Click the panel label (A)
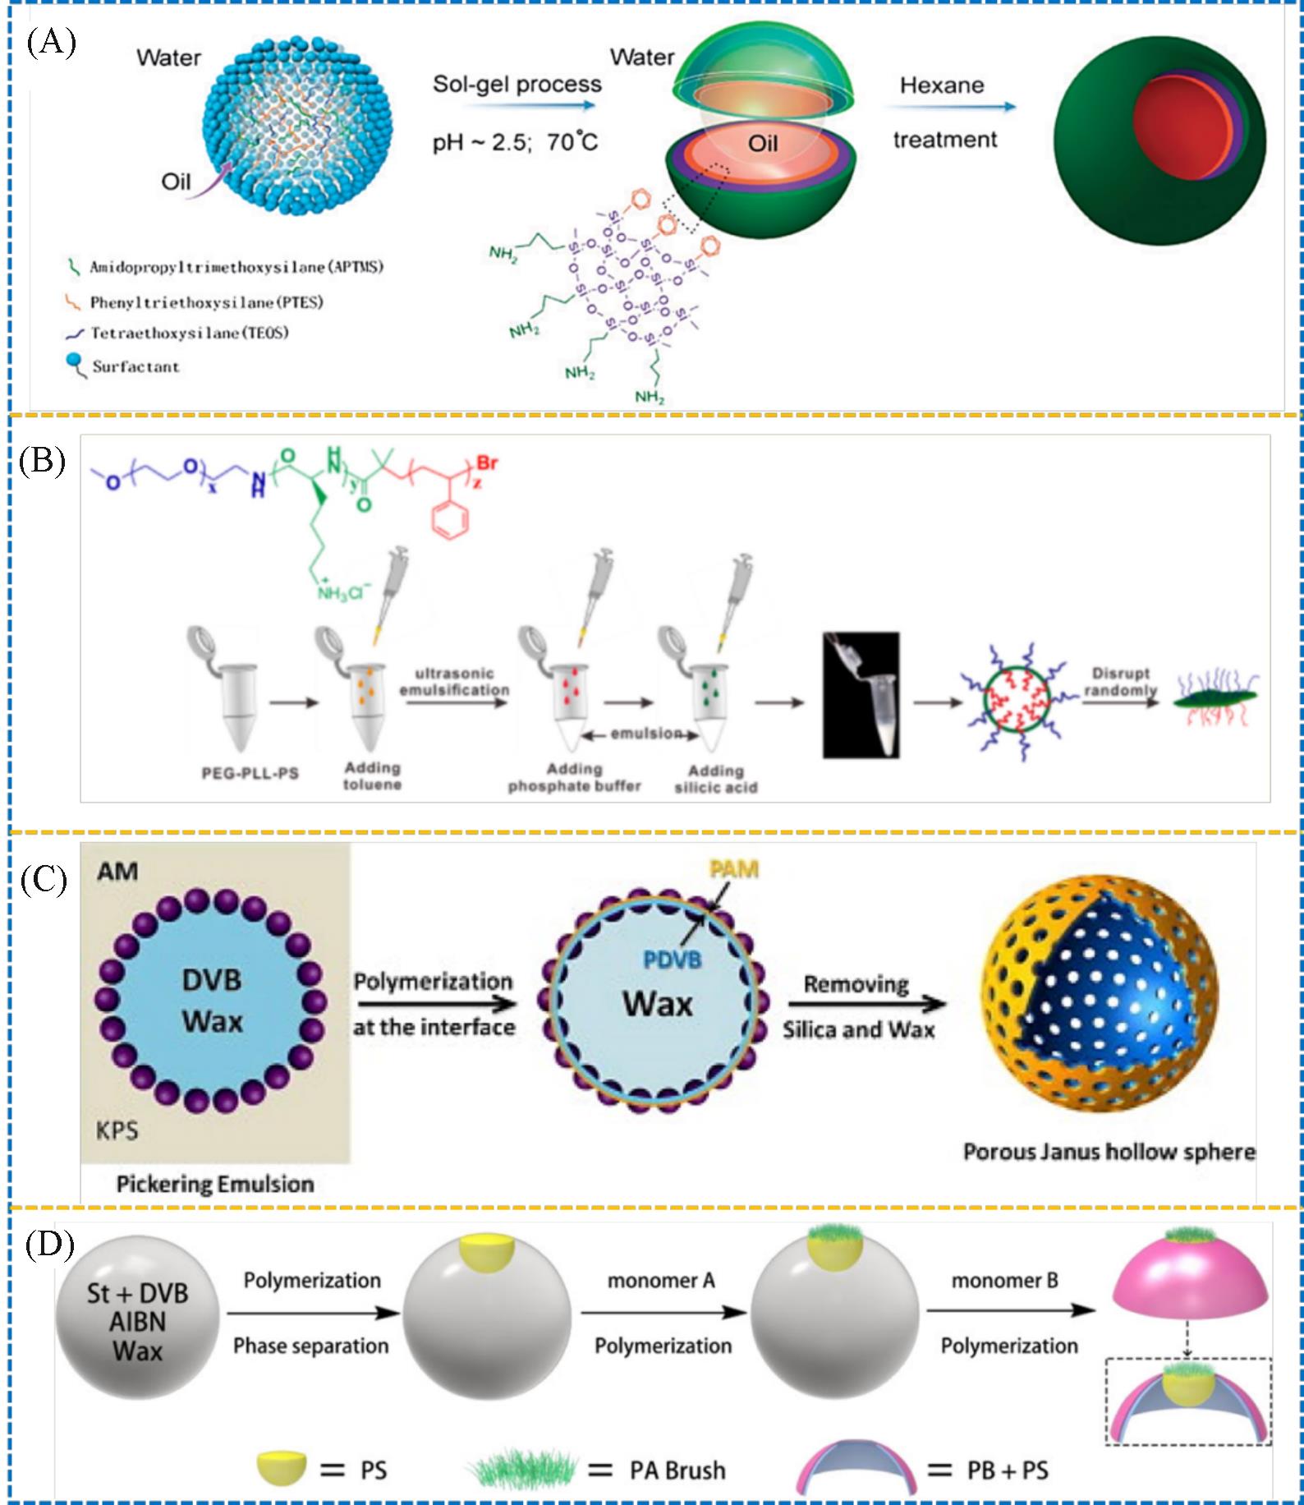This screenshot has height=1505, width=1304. tap(51, 42)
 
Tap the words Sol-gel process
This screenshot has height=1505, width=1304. tap(517, 84)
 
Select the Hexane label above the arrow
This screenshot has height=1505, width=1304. tap(941, 85)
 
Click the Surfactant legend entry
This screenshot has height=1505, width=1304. tap(135, 367)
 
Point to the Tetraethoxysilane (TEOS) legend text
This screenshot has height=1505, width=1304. tap(190, 334)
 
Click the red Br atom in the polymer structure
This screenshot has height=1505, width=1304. tap(487, 463)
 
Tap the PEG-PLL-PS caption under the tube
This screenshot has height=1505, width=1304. tap(250, 773)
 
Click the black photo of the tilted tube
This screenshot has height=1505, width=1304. tap(861, 694)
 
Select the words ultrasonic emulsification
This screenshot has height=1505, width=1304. tap(454, 682)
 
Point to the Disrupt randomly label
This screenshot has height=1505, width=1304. tap(1120, 682)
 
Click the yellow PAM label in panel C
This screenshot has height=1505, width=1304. tap(733, 869)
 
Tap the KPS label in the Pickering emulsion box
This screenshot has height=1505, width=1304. tap(117, 1130)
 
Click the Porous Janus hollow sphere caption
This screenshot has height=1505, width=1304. tap(1109, 1152)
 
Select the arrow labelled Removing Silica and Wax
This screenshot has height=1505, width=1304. tap(866, 1004)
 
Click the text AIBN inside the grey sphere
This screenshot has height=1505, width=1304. tap(138, 1322)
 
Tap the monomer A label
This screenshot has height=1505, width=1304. tap(661, 1281)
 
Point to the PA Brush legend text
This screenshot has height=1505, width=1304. tap(677, 1470)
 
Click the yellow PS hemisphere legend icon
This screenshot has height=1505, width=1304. tap(281, 1467)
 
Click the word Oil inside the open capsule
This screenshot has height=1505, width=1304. tap(762, 144)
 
